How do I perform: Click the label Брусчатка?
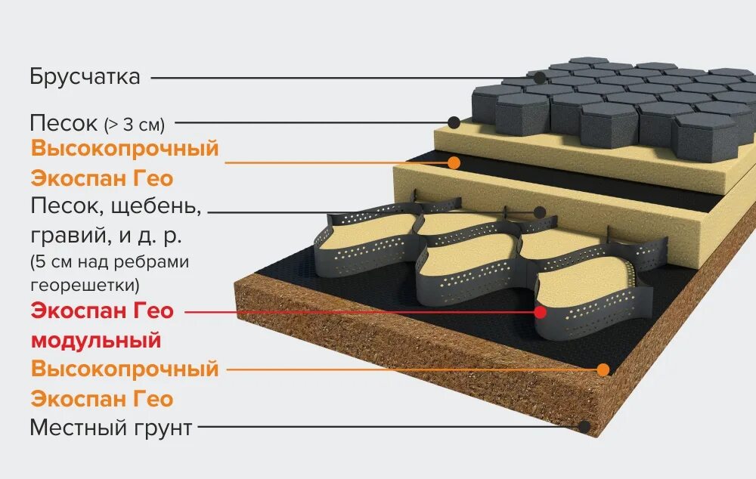pyautogui.click(x=85, y=77)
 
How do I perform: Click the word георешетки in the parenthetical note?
pyautogui.click(x=85, y=285)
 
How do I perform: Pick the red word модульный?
pyautogui.click(x=96, y=340)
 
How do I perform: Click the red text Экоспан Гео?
pyautogui.click(x=102, y=311)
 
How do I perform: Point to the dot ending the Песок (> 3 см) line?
pyautogui.click(x=454, y=122)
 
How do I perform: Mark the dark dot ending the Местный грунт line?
pyautogui.click(x=584, y=426)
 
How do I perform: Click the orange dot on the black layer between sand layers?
pyautogui.click(x=454, y=162)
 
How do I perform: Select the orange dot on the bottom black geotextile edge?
pyautogui.click(x=603, y=369)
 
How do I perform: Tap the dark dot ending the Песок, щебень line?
pyautogui.click(x=540, y=212)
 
